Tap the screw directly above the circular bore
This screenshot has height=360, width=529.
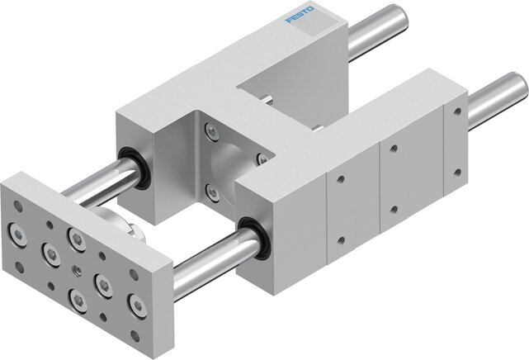[x=213, y=130]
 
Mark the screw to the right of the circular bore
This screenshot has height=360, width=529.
[x=261, y=158]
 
